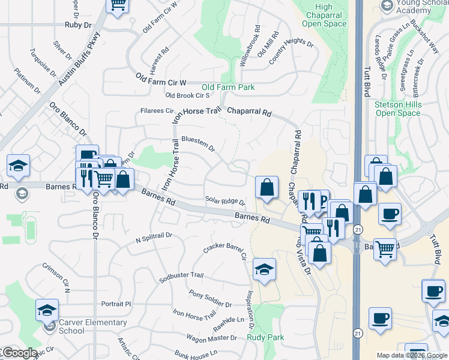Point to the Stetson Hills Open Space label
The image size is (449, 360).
pyautogui.click(x=398, y=109)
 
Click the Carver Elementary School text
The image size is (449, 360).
pyautogui.click(x=93, y=326)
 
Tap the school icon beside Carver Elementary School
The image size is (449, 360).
pyautogui.click(x=47, y=310)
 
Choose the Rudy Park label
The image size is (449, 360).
pyautogui.click(x=265, y=338)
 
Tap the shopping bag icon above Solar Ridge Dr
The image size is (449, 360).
pyautogui.click(x=267, y=187)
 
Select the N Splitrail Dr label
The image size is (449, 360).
pyautogui.click(x=154, y=237)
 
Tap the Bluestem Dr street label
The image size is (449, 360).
pyautogui.click(x=197, y=144)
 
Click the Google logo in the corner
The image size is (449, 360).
pyautogui.click(x=19, y=353)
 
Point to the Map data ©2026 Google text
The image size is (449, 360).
pyautogui.click(x=412, y=355)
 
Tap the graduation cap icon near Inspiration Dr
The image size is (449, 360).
pyautogui.click(x=264, y=270)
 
